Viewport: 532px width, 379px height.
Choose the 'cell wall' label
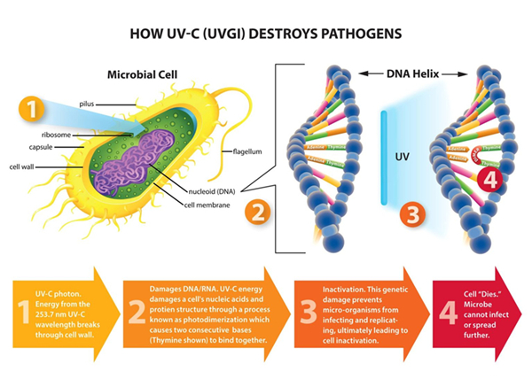coord(24,166)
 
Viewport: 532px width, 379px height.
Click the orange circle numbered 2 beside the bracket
coord(257,213)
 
